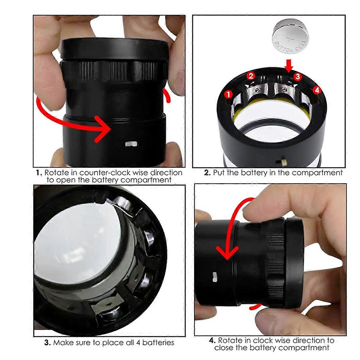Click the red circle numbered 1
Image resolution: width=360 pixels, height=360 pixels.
(229, 94)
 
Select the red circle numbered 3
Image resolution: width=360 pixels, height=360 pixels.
(297, 76)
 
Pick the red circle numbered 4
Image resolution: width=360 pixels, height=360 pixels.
(317, 89)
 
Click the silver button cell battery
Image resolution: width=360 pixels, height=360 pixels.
(290, 37)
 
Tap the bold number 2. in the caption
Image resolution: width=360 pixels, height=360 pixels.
(207, 173)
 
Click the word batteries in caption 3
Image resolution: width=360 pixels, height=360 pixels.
(158, 343)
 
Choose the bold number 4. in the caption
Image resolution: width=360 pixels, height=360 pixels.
(212, 340)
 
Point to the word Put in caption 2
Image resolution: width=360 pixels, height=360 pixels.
(218, 173)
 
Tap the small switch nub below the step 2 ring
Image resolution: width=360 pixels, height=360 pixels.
(283, 161)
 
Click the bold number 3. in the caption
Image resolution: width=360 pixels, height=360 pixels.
(47, 343)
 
